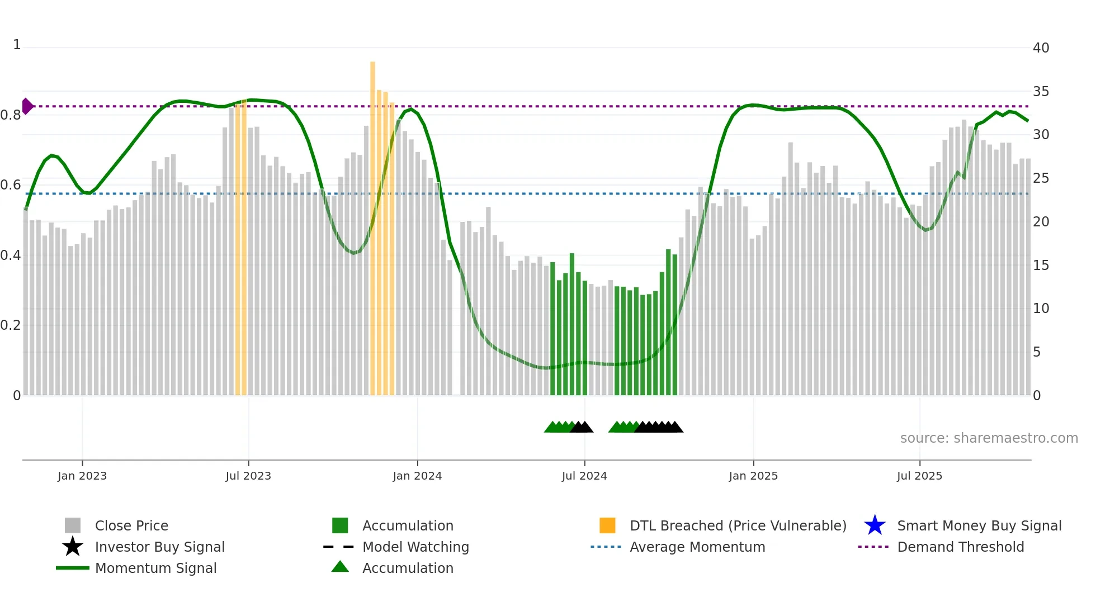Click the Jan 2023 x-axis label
pyautogui.click(x=82, y=476)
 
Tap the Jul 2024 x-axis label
pyautogui.click(x=584, y=476)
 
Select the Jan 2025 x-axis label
pyautogui.click(x=753, y=476)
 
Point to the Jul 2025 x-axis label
pyautogui.click(x=919, y=476)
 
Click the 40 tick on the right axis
pyautogui.click(x=1041, y=48)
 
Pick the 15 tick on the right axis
pyautogui.click(x=1041, y=266)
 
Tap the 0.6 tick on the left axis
pyautogui.click(x=11, y=185)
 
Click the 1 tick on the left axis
pyautogui.click(x=17, y=45)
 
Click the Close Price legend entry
pyautogui.click(x=131, y=525)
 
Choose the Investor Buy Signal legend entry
pyautogui.click(x=159, y=547)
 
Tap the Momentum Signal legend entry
pyautogui.click(x=155, y=568)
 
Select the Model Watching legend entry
pyautogui.click(x=415, y=547)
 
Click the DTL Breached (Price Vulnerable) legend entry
pyautogui.click(x=738, y=525)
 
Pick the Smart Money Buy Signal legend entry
pyautogui.click(x=979, y=525)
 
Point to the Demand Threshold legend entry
pyautogui.click(x=960, y=547)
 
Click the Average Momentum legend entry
pyautogui.click(x=697, y=547)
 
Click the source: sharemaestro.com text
pyautogui.click(x=989, y=438)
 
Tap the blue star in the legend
pyautogui.click(x=875, y=525)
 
